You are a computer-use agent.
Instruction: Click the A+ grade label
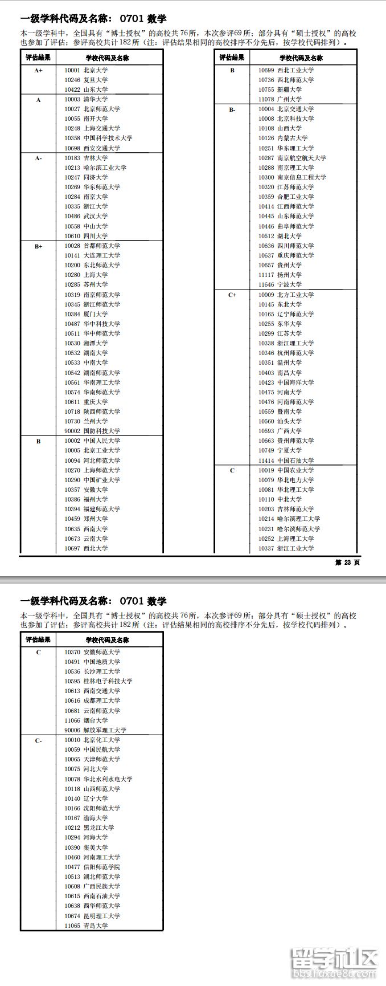[38, 70]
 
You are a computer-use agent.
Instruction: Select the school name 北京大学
[96, 70]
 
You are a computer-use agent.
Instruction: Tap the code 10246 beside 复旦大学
[72, 80]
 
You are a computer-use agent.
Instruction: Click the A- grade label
[38, 158]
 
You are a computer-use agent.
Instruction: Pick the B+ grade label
[38, 246]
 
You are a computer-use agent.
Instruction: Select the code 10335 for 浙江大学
[72, 206]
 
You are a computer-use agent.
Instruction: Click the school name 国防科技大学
[102, 431]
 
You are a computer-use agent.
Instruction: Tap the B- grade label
[232, 109]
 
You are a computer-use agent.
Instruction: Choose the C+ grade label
[232, 295]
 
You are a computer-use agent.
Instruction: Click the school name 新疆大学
[289, 89]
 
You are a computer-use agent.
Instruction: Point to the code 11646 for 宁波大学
[266, 284]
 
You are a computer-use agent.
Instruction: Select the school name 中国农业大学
[295, 470]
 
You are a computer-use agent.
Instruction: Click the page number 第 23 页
[347, 563]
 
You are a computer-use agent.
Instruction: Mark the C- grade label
[38, 740]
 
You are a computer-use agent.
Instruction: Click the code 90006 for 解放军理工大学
[72, 730]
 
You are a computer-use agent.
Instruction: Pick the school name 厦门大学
[96, 314]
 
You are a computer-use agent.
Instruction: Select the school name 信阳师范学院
[102, 867]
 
